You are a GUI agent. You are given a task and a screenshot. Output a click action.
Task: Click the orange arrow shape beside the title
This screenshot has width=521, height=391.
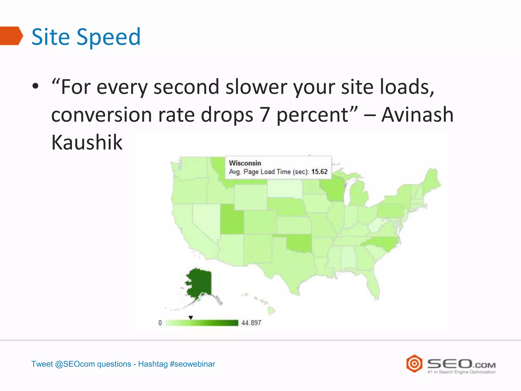(11, 36)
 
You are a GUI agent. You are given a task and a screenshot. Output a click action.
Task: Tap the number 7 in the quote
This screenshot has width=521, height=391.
(264, 115)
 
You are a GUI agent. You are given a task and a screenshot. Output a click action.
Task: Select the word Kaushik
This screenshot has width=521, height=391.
(87, 142)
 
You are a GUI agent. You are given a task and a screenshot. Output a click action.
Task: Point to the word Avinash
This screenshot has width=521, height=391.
(417, 115)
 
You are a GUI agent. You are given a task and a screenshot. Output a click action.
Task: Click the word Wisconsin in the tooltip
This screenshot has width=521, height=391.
(245, 163)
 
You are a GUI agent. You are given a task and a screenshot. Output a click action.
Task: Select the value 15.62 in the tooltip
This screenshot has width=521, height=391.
(319, 172)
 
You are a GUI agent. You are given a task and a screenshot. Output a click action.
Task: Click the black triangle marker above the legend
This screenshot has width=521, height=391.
(191, 317)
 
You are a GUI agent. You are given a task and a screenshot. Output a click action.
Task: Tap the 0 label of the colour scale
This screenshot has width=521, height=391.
(160, 323)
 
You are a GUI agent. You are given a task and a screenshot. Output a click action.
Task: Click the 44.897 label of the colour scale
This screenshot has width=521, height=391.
(251, 323)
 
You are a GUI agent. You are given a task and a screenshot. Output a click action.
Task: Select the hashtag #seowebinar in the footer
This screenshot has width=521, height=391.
(192, 364)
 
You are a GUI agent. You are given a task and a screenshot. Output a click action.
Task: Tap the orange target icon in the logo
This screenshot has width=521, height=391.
(414, 364)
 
